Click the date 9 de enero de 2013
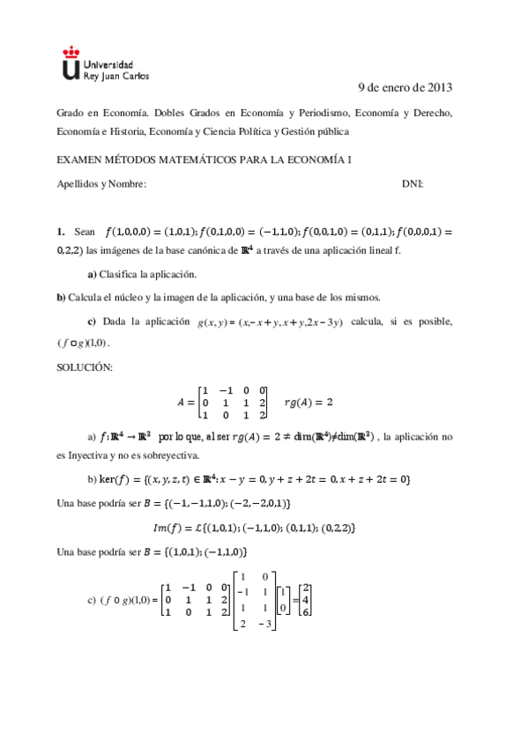pyautogui.click(x=405, y=87)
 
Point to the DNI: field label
pyautogui.click(x=412, y=183)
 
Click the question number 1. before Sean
pyautogui.click(x=61, y=232)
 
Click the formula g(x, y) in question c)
pyautogui.click(x=217, y=322)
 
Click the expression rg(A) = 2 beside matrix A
pyautogui.click(x=309, y=402)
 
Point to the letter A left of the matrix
pyautogui.click(x=182, y=402)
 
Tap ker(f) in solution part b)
pyautogui.click(x=115, y=479)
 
